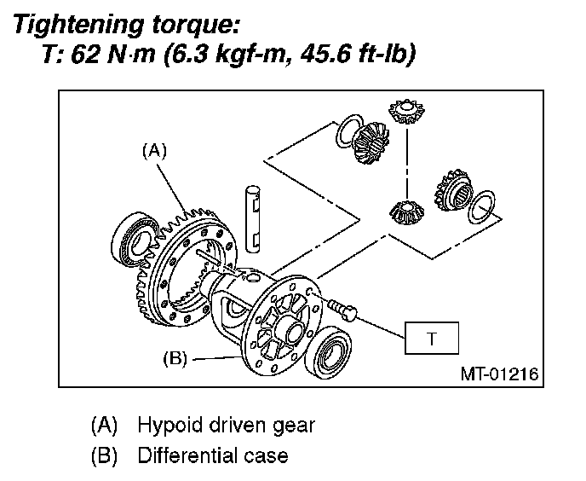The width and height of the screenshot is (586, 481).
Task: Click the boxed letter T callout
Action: tap(432, 339)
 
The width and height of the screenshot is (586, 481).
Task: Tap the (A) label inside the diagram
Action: tap(153, 151)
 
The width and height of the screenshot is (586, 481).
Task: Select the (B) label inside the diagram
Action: tap(174, 358)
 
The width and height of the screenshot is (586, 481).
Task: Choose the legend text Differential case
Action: tap(213, 455)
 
